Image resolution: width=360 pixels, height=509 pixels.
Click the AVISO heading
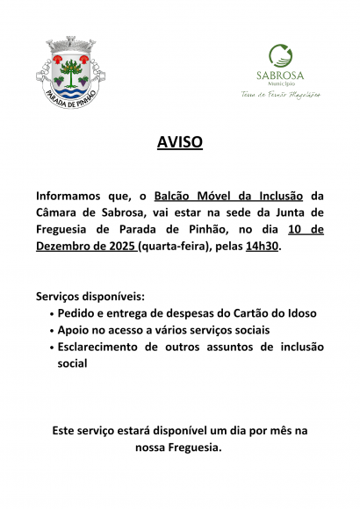click(x=179, y=141)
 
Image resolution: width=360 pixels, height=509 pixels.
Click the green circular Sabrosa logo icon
click(x=280, y=55)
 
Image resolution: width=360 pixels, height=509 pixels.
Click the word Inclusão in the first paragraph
click(x=281, y=195)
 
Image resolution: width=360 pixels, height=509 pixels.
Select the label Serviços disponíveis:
click(x=90, y=297)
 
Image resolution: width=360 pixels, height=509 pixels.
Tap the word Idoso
click(x=298, y=313)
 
